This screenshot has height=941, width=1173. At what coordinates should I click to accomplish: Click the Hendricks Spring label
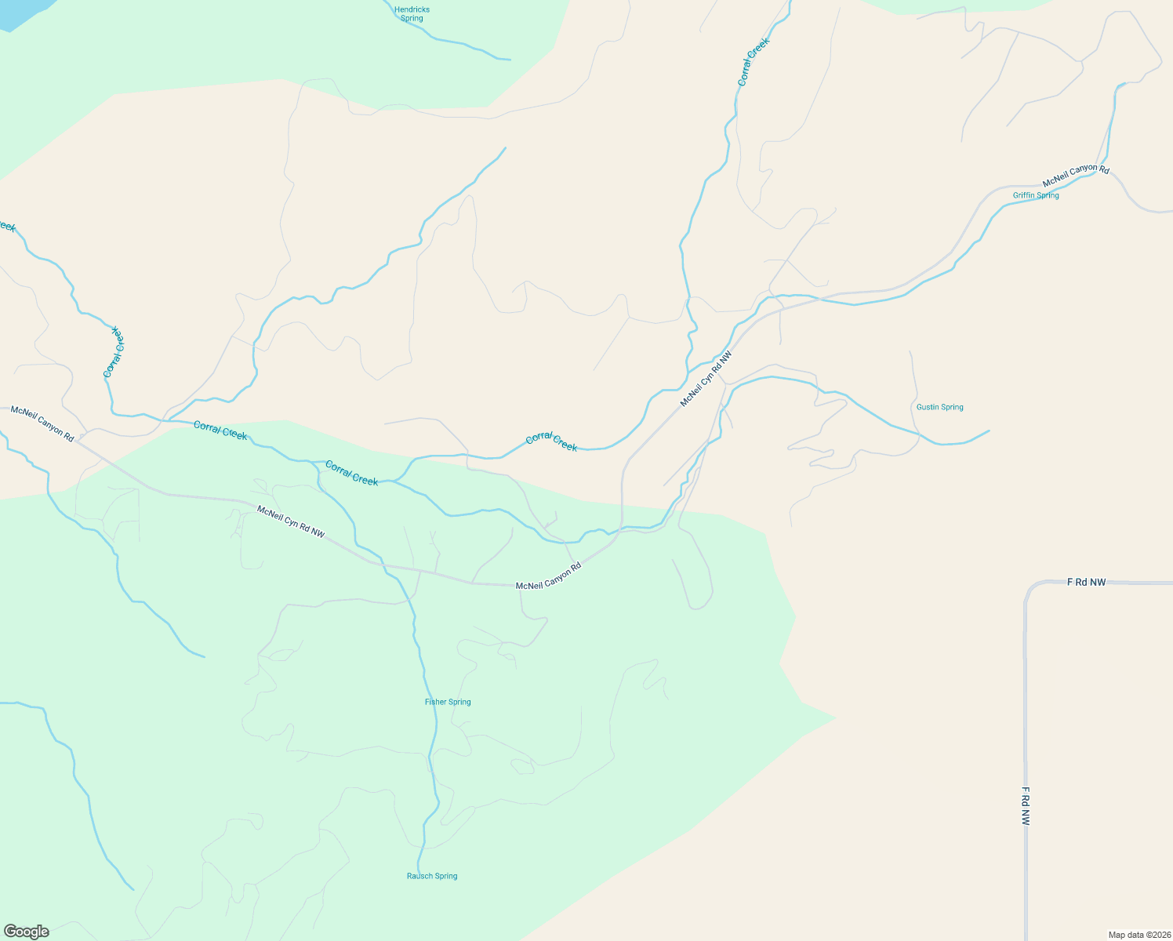click(412, 14)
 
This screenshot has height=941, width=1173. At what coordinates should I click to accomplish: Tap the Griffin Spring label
click(1036, 195)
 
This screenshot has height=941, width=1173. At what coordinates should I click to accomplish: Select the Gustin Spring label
click(939, 407)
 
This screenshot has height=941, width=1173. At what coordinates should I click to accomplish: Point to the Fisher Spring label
click(448, 702)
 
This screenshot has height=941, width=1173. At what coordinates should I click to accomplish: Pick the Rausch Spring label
click(432, 876)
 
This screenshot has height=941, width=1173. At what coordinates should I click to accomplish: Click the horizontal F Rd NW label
click(1086, 582)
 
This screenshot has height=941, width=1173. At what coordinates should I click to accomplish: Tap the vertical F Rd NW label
click(1025, 806)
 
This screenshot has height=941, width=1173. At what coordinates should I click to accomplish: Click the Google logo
click(25, 932)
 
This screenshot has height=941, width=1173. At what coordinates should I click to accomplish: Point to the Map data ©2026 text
click(1138, 935)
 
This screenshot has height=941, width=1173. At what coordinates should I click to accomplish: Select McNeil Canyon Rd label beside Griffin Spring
click(1075, 175)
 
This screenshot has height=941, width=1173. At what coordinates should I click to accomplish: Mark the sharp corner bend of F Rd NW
click(1029, 587)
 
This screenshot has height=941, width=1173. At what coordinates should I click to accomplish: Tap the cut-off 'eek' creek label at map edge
click(6, 227)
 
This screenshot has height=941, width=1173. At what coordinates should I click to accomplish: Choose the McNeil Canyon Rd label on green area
click(548, 576)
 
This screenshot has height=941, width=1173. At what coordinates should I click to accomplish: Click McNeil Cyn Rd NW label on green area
click(291, 521)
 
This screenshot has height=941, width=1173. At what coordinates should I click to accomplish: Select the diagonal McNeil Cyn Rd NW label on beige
click(706, 378)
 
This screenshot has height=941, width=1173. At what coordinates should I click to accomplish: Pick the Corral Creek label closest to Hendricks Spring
click(754, 62)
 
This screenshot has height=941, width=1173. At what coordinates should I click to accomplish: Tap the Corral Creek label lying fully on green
click(351, 473)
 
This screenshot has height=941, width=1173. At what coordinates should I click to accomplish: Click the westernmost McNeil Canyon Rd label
click(42, 423)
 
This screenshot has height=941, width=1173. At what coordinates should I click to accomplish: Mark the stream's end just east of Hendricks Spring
click(510, 59)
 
